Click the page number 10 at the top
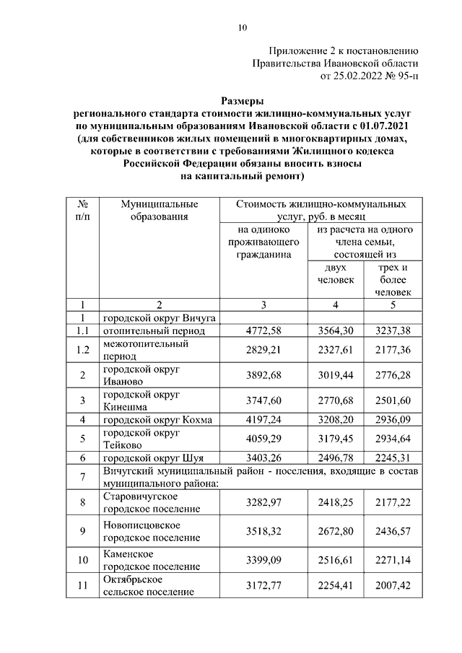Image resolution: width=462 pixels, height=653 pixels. point(242,28)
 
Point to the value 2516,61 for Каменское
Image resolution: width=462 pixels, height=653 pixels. point(336,560)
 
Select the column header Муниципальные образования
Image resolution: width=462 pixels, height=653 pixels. point(155,210)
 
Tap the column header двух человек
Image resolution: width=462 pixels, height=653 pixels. point(336,273)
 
